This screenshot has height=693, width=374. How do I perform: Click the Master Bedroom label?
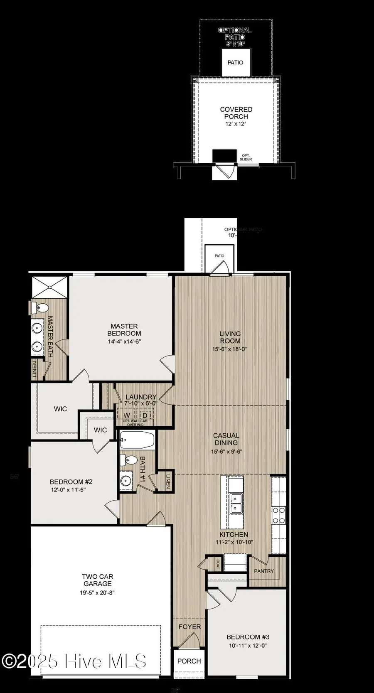tap(124, 330)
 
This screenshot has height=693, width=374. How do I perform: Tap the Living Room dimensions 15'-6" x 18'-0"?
tap(229, 349)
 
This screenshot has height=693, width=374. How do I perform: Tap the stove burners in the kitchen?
tap(279, 515)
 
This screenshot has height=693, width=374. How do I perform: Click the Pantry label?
tap(264, 571)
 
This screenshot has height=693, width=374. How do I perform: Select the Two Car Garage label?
tap(97, 580)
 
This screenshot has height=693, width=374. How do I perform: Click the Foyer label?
tap(189, 627)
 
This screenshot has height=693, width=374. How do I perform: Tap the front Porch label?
tap(189, 661)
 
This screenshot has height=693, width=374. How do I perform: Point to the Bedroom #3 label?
tap(248, 637)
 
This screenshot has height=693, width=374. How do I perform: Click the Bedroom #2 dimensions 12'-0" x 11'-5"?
tap(71, 490)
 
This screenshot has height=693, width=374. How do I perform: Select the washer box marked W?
tap(127, 415)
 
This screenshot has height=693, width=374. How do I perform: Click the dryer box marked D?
tap(145, 415)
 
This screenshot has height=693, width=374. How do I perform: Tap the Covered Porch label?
tap(236, 113)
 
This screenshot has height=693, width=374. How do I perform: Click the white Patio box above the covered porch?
tap(236, 62)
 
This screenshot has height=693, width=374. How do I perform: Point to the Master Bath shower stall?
tap(49, 286)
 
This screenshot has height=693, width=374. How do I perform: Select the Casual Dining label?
tap(226, 439)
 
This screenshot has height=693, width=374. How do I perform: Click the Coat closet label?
tap(218, 564)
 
